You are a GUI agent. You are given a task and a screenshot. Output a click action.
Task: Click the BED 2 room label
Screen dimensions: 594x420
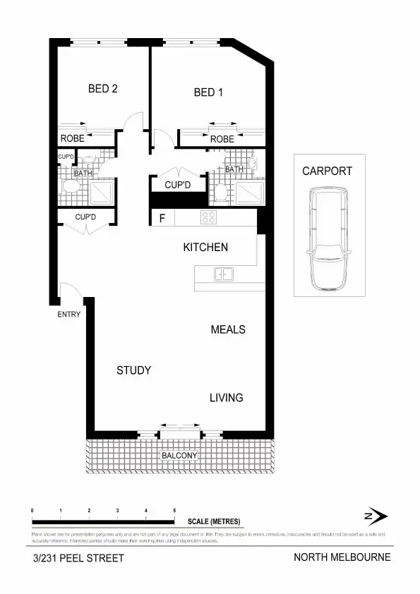[x=103, y=89]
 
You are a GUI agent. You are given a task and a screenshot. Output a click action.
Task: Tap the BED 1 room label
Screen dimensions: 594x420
[x=209, y=92]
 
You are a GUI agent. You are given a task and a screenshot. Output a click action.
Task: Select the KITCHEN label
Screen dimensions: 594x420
[x=205, y=247]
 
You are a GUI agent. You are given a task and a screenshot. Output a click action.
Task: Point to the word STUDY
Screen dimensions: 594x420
[x=134, y=370]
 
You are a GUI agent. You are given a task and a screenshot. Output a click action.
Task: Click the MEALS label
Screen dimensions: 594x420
[x=228, y=329]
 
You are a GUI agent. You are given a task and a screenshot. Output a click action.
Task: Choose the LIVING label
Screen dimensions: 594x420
[x=226, y=398]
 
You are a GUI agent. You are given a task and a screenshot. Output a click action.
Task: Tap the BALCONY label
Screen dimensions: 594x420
[x=179, y=456]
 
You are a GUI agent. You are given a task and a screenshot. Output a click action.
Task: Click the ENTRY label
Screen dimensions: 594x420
[x=69, y=315]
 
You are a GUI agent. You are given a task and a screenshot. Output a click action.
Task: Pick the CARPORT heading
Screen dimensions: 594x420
[x=327, y=171]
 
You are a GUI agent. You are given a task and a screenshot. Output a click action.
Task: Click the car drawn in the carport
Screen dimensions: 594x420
[x=326, y=239]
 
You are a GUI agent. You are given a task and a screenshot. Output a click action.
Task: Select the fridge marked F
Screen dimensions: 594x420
[x=162, y=218]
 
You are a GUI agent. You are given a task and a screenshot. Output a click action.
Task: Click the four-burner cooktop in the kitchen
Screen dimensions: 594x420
[x=209, y=217]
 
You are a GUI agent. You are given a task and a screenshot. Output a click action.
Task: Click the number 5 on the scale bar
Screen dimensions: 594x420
[x=174, y=510]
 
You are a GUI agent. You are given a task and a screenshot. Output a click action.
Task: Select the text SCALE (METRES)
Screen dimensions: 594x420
[x=214, y=522]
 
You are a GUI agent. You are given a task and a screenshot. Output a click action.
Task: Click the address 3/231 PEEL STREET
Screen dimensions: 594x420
[x=78, y=558]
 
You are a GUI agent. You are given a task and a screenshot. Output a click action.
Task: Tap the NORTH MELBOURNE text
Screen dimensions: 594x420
[x=342, y=557]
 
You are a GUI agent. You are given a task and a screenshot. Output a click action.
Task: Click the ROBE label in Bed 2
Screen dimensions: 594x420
[x=72, y=138]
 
